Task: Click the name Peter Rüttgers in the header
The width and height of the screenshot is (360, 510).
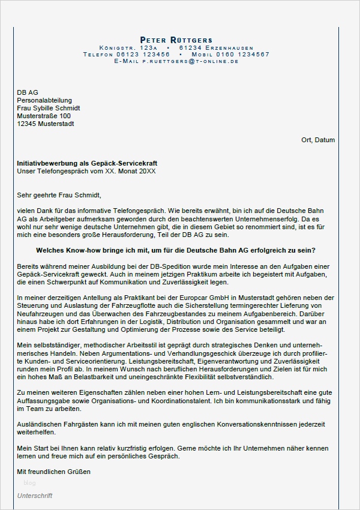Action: coord(176,40)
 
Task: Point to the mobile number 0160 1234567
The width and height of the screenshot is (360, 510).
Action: coord(245,54)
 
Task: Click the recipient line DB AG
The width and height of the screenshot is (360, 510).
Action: coord(28,92)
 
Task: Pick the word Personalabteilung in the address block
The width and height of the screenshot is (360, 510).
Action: coord(44,100)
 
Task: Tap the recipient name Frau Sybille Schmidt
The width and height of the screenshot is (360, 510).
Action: coord(49,108)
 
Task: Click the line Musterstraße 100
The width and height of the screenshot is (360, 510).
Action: coord(44,116)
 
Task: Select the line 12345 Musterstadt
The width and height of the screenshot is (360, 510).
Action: coord(46,124)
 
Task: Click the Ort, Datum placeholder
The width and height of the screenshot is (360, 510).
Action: coord(318,140)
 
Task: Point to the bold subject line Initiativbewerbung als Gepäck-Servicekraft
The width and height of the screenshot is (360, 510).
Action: coord(88,163)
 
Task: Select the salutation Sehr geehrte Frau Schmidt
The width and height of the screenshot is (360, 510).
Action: coord(59,195)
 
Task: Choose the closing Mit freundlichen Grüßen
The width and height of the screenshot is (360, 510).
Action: coord(53,472)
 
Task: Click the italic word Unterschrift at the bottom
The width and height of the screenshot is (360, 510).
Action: coord(35,496)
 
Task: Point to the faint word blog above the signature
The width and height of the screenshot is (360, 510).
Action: coord(29,482)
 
